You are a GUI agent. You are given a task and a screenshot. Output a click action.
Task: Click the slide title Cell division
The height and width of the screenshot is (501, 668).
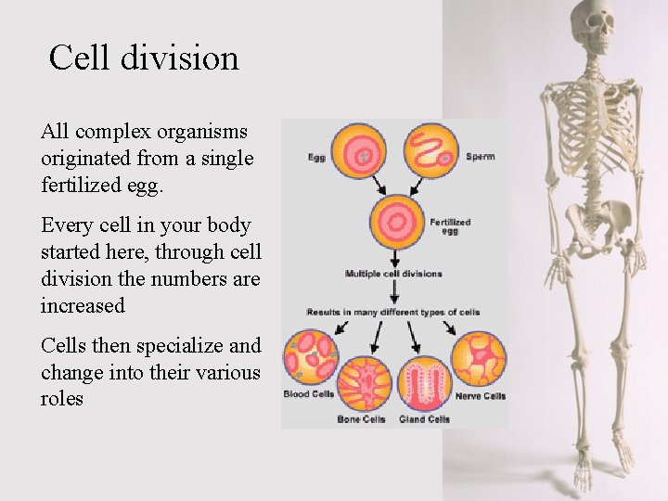click(144, 58)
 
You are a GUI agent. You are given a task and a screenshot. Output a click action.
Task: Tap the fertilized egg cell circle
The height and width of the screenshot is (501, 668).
click(398, 223)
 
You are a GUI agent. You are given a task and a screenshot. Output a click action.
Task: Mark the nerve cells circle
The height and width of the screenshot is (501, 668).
click(479, 357)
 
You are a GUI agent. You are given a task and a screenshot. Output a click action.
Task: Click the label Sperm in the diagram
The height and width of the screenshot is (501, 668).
click(480, 157)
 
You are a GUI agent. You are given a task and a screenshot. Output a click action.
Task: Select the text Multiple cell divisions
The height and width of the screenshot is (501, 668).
click(393, 275)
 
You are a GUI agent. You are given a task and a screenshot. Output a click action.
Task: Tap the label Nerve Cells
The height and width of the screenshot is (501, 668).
click(481, 396)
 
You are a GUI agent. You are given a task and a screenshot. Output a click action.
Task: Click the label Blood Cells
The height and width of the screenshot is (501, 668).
click(309, 394)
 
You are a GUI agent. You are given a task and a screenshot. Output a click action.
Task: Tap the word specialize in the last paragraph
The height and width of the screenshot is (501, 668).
click(179, 346)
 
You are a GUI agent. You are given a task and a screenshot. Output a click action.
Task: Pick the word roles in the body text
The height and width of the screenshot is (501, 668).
click(62, 399)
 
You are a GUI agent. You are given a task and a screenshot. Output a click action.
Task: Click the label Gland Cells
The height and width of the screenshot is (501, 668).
click(425, 419)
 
